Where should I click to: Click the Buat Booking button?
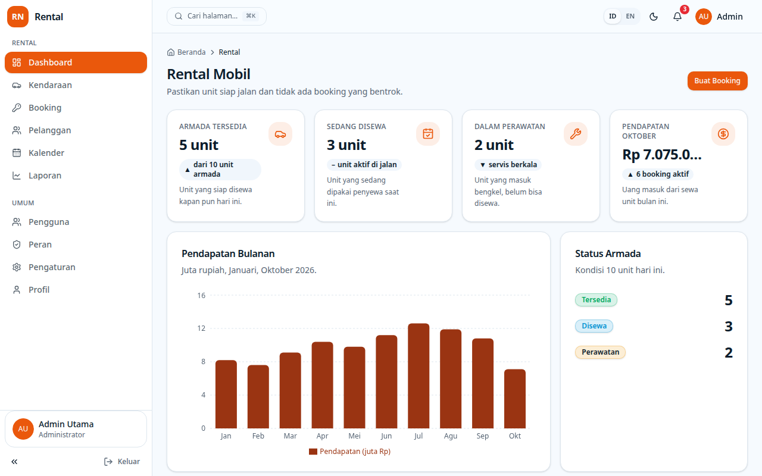click(717, 81)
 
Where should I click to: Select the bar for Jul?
click(419, 375)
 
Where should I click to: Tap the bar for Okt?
click(515, 399)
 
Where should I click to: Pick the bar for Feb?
click(258, 397)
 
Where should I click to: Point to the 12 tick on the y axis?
click(201, 328)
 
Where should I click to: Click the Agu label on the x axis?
click(451, 436)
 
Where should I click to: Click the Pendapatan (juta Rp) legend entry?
click(349, 452)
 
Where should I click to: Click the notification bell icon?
click(677, 17)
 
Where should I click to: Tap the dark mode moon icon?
click(654, 17)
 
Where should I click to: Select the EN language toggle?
click(630, 16)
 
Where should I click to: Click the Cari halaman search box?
click(216, 16)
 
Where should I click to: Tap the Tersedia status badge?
click(596, 300)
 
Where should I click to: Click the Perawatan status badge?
click(600, 352)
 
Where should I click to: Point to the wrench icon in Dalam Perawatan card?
click(576, 134)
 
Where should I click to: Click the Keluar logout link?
click(122, 461)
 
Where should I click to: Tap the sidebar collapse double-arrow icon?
click(14, 461)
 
